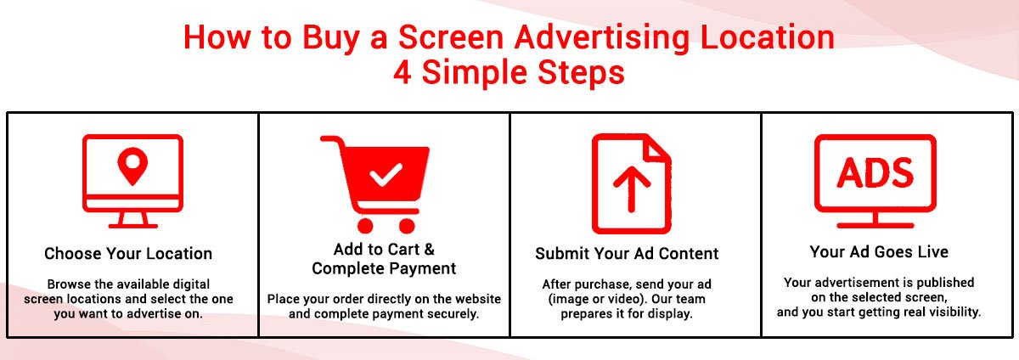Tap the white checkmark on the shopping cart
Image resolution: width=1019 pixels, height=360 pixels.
386,174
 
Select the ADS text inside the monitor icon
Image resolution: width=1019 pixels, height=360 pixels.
875,172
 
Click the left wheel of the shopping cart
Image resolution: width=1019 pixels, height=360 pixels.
365,225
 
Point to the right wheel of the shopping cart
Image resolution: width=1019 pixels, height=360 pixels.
407,225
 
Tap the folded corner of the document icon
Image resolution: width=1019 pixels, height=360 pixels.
658,149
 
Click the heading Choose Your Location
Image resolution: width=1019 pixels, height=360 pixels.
128,254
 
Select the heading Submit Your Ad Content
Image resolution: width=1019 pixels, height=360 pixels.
627,254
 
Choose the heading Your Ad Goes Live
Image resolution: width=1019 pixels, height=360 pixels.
879,251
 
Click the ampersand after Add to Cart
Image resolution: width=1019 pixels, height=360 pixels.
429,250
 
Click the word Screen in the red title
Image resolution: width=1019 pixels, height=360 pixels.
451,37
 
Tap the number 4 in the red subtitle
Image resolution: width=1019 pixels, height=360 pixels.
403,72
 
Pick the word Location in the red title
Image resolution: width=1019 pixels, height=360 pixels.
768,37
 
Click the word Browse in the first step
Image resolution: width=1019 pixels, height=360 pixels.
68,284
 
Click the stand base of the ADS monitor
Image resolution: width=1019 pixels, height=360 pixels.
875,225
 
